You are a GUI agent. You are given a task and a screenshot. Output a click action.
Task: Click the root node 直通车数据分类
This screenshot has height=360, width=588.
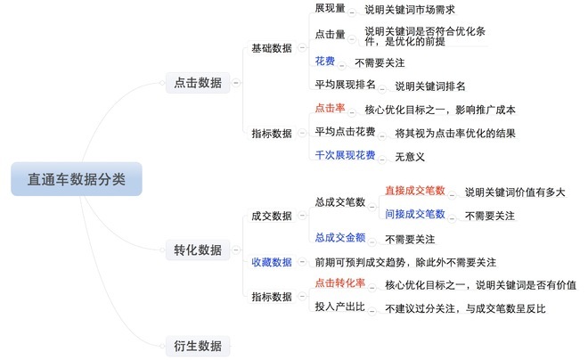[77, 179]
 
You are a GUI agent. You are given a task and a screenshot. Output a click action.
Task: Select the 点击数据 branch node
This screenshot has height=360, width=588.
[198, 83]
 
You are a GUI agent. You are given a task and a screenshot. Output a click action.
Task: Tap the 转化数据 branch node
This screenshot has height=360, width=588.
[198, 250]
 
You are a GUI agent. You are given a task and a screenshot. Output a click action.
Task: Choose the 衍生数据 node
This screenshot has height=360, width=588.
[198, 346]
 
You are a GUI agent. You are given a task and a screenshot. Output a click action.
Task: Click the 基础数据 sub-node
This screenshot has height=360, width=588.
[272, 48]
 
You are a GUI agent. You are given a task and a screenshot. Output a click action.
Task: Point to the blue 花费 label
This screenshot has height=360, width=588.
[325, 61]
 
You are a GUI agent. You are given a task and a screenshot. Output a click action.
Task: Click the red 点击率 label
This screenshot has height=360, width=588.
[330, 108]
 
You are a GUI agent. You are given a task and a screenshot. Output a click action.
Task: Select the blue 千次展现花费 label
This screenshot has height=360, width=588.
[345, 155]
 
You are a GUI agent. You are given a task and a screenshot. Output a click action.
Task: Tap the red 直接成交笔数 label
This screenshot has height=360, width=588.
[415, 191]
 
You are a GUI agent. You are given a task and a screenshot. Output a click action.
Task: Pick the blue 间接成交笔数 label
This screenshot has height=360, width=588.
[415, 214]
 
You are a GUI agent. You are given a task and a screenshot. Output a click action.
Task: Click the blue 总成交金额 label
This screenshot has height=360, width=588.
[340, 237]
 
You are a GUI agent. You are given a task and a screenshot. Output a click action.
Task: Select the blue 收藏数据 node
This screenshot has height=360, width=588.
[272, 262]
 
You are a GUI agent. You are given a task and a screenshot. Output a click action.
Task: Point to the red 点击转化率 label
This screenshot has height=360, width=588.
[340, 283]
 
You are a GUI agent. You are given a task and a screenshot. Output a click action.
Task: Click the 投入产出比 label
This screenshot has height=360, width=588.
[340, 307]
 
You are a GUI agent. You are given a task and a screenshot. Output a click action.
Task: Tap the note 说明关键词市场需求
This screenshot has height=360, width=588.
[410, 10]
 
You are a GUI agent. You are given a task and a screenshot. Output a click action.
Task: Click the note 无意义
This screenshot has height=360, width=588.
[410, 157]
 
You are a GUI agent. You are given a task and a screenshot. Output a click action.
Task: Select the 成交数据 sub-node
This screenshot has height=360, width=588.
[272, 216]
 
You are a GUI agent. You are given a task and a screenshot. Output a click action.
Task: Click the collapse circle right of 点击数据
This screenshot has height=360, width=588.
[236, 83]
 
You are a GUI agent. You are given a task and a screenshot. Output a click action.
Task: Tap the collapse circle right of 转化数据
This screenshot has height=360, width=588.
[236, 250]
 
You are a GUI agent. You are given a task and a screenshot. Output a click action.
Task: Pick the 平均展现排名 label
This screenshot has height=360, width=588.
[345, 85]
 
